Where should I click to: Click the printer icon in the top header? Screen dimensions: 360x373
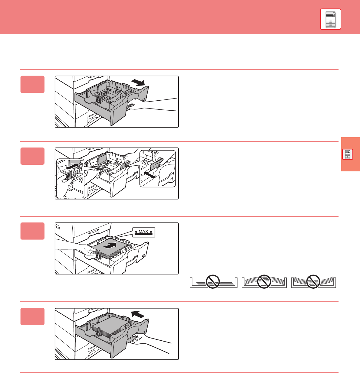[330, 19]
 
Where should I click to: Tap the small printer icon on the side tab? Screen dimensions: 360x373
[348, 154]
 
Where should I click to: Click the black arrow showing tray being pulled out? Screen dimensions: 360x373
[138, 83]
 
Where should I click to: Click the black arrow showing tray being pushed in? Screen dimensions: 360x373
[138, 315]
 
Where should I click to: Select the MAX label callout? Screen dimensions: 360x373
[144, 232]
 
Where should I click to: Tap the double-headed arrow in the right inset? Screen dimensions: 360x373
[150, 175]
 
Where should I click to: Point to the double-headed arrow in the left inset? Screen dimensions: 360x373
[72, 166]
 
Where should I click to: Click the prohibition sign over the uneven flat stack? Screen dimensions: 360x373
[213, 282]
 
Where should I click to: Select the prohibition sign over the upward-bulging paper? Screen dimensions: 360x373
[264, 282]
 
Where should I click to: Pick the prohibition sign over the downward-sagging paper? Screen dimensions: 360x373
[313, 282]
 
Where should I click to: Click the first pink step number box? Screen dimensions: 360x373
[32, 84]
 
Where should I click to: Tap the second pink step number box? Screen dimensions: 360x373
[32, 156]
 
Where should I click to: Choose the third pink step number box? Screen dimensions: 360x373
[32, 231]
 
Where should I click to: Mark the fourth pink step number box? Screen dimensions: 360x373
[32, 316]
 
